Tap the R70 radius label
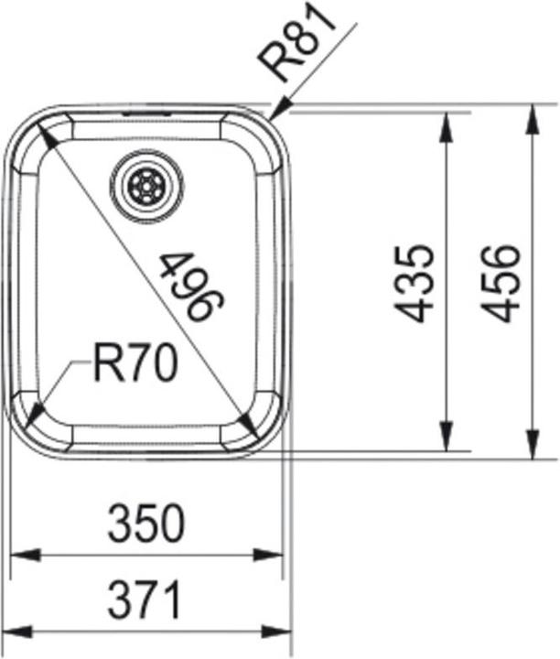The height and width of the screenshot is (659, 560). pos(135,365)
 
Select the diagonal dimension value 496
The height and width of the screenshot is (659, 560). pos(191,286)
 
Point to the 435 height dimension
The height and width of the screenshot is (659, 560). pos(415,282)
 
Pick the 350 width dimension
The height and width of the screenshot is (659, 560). pos(146,524)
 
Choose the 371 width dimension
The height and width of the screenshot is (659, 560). pos(146,601)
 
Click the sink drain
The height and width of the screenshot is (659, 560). pos(146,187)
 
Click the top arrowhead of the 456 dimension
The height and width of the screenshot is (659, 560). pos(531,118)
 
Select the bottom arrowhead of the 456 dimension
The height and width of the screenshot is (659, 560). pos(531,446)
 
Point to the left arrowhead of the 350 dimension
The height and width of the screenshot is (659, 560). pos(23,555)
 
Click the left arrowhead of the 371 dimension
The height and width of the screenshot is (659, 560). pos(20,632)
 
